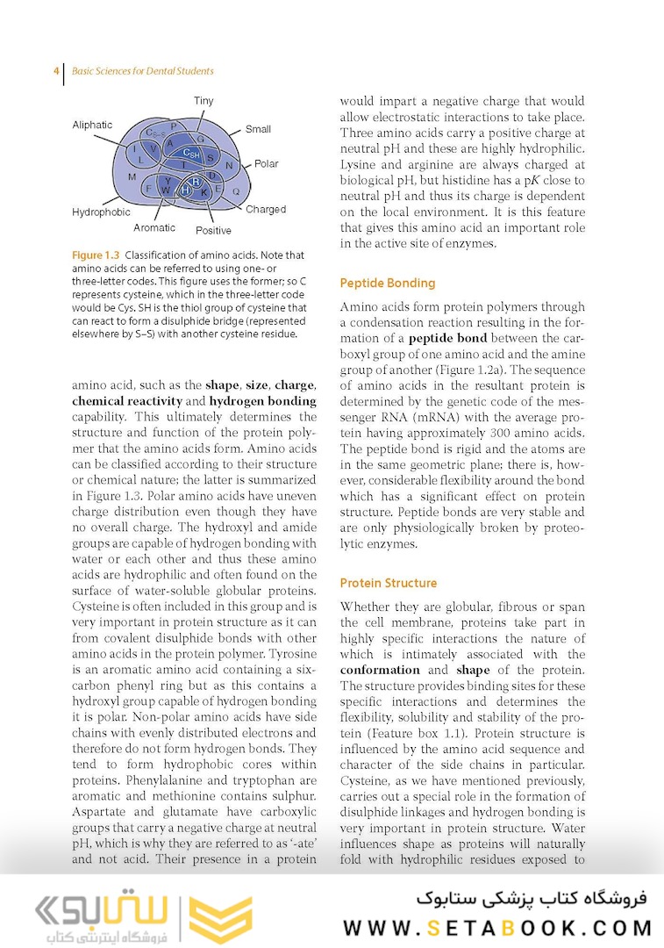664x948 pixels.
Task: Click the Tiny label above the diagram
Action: pyautogui.click(x=203, y=102)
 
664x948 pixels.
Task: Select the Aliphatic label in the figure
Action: pyautogui.click(x=92, y=126)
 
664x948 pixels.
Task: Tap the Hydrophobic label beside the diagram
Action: pyautogui.click(x=101, y=212)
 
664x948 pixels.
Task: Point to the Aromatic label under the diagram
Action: pyautogui.click(x=154, y=228)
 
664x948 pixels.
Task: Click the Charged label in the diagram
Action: pyautogui.click(x=266, y=210)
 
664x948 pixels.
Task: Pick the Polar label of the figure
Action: pyautogui.click(x=267, y=164)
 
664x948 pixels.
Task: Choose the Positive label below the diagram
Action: pyautogui.click(x=213, y=231)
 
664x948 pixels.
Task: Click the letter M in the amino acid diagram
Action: pyautogui.click(x=132, y=177)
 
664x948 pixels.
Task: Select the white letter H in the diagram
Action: pyautogui.click(x=185, y=190)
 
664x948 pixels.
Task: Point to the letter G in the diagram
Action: pyautogui.click(x=200, y=140)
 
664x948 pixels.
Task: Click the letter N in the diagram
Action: pyautogui.click(x=229, y=165)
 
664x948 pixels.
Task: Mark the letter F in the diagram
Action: pyautogui.click(x=149, y=188)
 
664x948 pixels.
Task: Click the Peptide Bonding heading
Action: pyautogui.click(x=387, y=284)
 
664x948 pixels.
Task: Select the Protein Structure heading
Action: pyautogui.click(x=388, y=583)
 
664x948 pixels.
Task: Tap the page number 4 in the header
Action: pyautogui.click(x=56, y=71)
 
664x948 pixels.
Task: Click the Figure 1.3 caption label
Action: pyautogui.click(x=96, y=255)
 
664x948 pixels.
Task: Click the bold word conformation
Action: pyautogui.click(x=381, y=671)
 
